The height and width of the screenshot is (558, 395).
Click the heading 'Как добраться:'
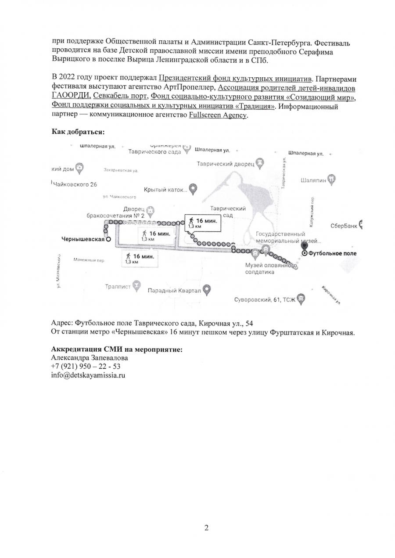pyautogui.click(x=78, y=131)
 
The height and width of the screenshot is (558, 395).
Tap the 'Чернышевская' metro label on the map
pyautogui.click(x=83, y=239)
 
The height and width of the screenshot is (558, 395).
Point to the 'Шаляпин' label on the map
pyautogui.click(x=314, y=180)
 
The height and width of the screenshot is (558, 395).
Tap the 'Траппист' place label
pyautogui.click(x=118, y=287)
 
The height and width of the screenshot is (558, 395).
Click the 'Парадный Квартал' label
pyautogui.click(x=174, y=290)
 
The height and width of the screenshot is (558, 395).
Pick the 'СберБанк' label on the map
pyautogui.click(x=344, y=226)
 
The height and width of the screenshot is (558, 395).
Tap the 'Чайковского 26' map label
pyautogui.click(x=74, y=184)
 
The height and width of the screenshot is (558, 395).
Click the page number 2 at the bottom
pyautogui.click(x=206, y=528)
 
